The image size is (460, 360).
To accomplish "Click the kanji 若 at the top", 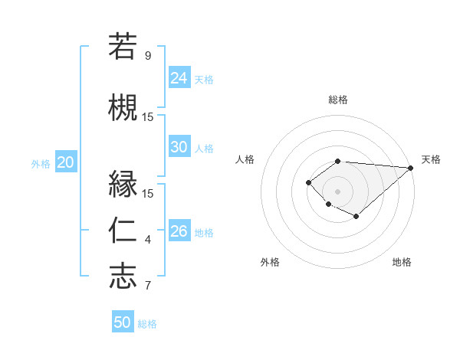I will (x=123, y=46).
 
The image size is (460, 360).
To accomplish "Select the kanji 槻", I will (x=123, y=106).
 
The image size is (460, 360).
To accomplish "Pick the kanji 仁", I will (x=123, y=230).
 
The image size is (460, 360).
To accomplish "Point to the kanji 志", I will (x=123, y=276).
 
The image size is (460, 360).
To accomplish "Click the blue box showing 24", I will (x=179, y=78).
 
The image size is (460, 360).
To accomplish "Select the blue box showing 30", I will (x=179, y=147).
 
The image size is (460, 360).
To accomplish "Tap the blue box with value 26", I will (x=179, y=231).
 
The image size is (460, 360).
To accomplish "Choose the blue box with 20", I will (x=66, y=162).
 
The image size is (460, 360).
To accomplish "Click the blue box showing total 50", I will (x=123, y=322).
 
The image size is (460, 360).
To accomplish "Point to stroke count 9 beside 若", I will (x=148, y=56).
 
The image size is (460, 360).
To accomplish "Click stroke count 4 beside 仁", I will (x=148, y=241).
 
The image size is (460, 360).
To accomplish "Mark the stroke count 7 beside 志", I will (x=148, y=286).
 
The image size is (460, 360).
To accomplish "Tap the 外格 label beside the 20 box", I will (x=41, y=163).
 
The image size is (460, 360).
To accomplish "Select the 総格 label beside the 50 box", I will (x=147, y=324).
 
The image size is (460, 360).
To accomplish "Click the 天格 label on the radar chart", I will (x=431, y=159).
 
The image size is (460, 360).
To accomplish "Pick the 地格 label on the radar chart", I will (x=402, y=262).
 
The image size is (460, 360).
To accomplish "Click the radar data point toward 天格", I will (x=411, y=168).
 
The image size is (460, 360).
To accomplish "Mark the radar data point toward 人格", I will (x=308, y=182).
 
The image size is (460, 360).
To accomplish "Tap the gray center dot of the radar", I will (x=337, y=191).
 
